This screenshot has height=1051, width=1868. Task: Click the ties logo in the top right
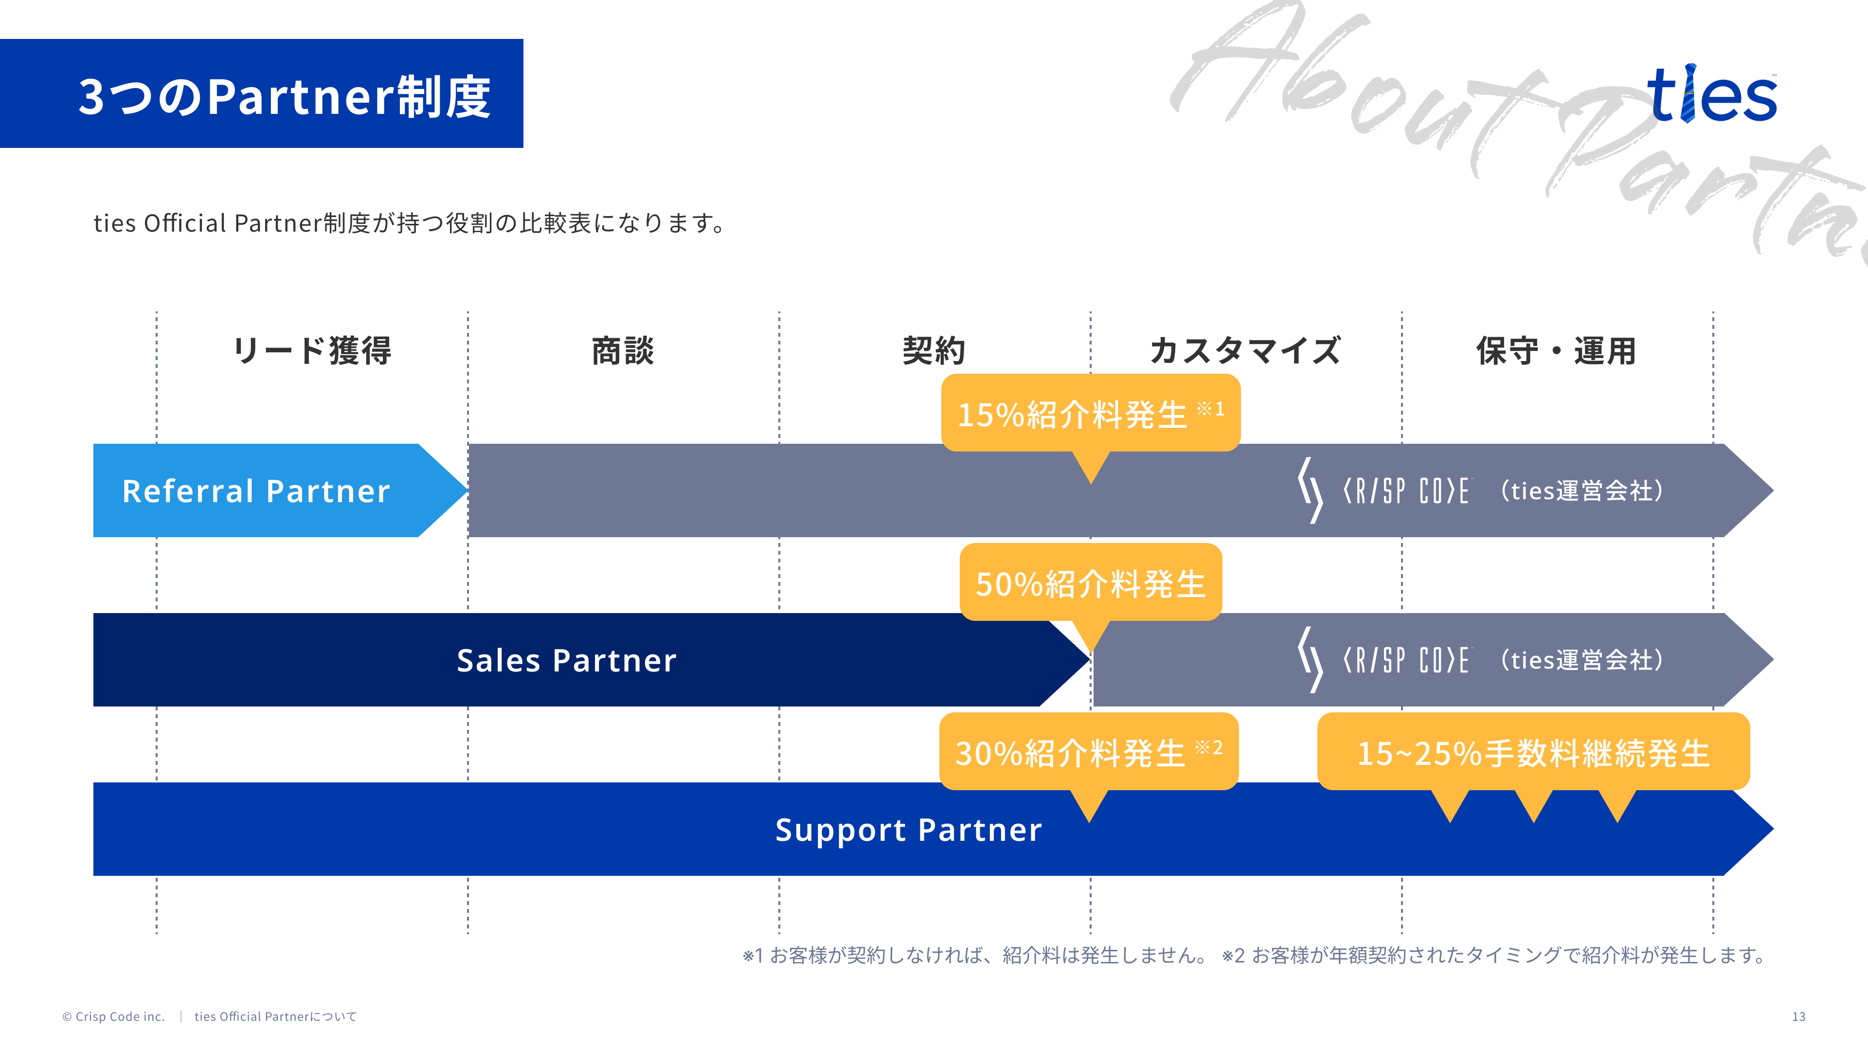[x=1711, y=94]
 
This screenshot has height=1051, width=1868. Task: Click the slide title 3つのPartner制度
[x=284, y=96]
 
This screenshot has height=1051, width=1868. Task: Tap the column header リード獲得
[x=312, y=351]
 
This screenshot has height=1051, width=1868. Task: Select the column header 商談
[x=623, y=351]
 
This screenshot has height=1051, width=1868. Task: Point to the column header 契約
[x=934, y=351]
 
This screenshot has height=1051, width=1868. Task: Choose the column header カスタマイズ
[x=1245, y=351]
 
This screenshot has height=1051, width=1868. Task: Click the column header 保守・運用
[x=1556, y=351]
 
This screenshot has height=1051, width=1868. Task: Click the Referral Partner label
[x=256, y=491]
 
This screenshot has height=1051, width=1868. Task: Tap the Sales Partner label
[x=566, y=660]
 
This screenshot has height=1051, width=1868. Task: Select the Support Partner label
[x=908, y=829]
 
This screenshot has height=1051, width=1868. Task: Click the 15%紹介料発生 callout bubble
[x=1090, y=414]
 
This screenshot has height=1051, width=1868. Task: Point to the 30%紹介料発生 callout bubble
[x=1088, y=752]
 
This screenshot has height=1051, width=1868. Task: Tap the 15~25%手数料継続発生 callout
[x=1533, y=752]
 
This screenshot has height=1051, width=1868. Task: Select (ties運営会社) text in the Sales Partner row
[x=1581, y=660]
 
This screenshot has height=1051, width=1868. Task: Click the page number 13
[x=1798, y=1016]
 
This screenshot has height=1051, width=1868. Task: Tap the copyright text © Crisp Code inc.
[x=114, y=1016]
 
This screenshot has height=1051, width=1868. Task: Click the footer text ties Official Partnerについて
[x=275, y=1016]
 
